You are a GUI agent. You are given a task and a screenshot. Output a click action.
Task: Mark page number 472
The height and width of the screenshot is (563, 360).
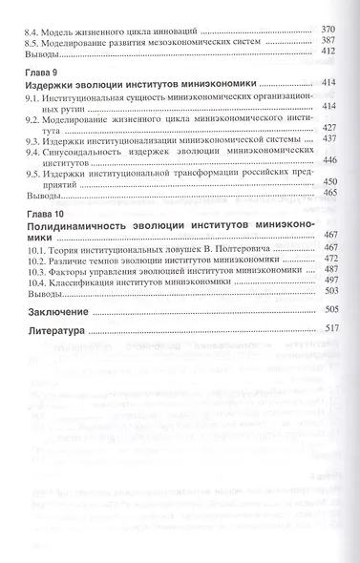click(x=330, y=258)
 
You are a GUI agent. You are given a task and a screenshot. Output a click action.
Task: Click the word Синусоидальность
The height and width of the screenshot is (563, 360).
click(x=83, y=152)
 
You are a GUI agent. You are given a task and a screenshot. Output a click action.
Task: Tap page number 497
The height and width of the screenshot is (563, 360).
click(x=330, y=281)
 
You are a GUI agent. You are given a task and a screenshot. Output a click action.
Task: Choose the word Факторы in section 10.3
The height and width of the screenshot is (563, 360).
click(x=73, y=270)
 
